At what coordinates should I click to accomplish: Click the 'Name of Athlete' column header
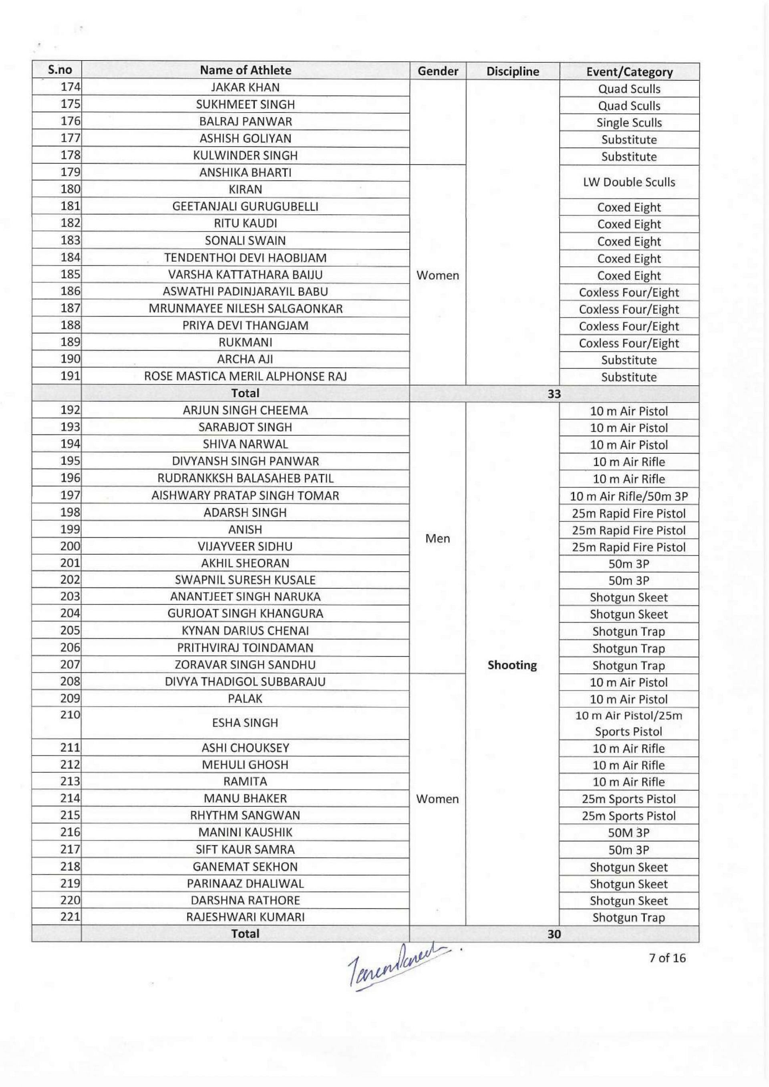[245, 70]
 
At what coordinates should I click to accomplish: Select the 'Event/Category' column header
[629, 72]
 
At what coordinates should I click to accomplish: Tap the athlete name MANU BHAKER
[245, 798]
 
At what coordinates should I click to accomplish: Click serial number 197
[70, 495]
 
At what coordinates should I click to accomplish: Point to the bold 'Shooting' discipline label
[512, 665]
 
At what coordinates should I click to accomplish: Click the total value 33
[554, 394]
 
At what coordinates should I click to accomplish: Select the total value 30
[554, 934]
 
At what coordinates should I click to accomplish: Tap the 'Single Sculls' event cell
[629, 123]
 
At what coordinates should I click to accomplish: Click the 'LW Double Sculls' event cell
[629, 182]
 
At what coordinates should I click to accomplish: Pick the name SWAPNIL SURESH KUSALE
[245, 580]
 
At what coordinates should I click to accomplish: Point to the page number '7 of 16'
[667, 958]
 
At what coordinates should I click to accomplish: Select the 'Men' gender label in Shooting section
[437, 538]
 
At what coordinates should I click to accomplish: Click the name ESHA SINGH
[245, 723]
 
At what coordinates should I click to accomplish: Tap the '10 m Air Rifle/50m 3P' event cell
[629, 496]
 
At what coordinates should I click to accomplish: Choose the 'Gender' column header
[437, 71]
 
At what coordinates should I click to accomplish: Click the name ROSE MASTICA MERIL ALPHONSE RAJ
[245, 376]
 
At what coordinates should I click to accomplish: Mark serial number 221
[70, 917]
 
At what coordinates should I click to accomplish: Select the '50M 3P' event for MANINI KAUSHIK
[629, 832]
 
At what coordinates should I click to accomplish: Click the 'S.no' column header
[60, 70]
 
